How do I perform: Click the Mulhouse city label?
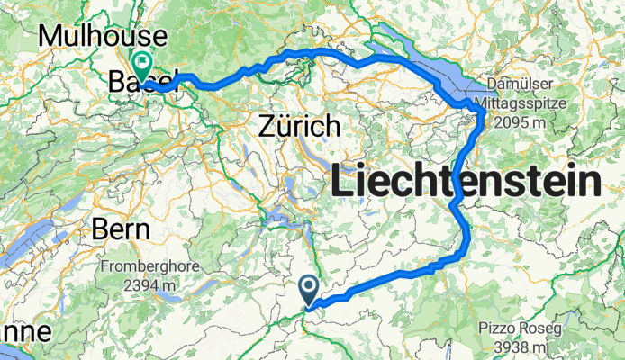(x=104, y=37)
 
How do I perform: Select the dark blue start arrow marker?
(x=308, y=291)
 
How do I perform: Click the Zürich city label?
(x=299, y=125)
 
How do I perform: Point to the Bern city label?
(x=120, y=229)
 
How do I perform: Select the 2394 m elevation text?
(x=140, y=285)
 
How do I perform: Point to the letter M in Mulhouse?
(x=52, y=37)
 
